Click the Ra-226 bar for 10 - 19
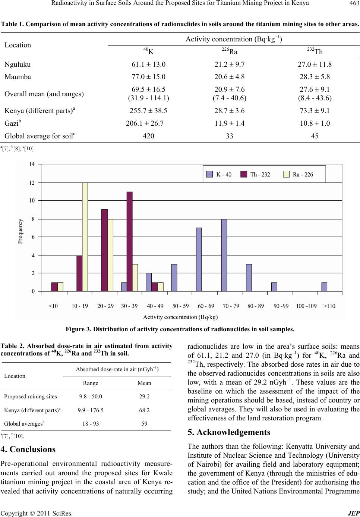(x=85, y=237)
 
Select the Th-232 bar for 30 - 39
(x=130, y=241)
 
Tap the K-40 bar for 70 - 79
(x=224, y=255)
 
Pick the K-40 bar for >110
(x=324, y=287)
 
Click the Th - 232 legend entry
(x=255, y=175)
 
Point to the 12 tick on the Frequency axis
(x=32, y=183)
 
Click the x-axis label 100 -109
(x=306, y=306)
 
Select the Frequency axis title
(x=20, y=231)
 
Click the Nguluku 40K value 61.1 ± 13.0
(x=148, y=65)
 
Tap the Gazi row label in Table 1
(x=13, y=123)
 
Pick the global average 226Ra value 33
(x=229, y=136)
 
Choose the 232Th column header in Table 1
(x=315, y=51)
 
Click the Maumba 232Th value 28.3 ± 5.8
(x=315, y=77)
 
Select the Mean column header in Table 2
(x=144, y=383)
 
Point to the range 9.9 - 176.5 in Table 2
(x=91, y=410)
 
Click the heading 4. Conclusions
(x=28, y=449)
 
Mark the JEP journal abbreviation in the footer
(x=353, y=513)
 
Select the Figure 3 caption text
(x=180, y=329)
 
